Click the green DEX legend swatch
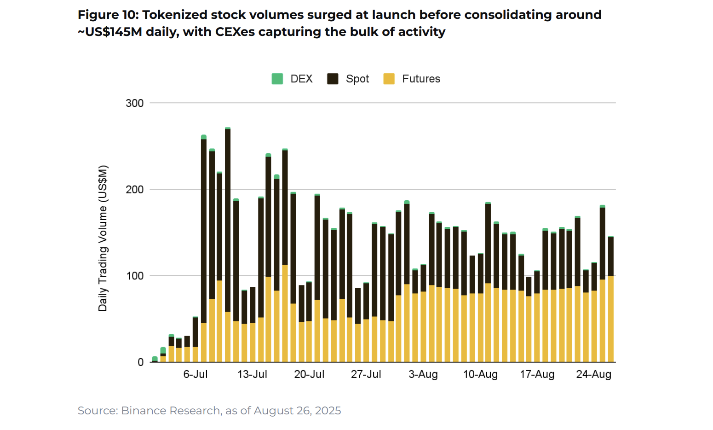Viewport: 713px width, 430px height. tap(277, 79)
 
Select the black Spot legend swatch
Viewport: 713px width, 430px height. tap(333, 79)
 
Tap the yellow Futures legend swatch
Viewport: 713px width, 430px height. tap(389, 79)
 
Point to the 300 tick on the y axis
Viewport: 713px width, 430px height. tap(135, 103)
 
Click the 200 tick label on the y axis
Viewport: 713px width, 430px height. tap(135, 190)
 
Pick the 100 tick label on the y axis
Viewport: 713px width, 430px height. tap(135, 276)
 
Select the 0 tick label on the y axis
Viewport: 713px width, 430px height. tap(141, 362)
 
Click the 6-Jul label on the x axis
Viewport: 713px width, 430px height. tap(195, 374)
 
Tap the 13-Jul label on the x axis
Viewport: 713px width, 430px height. tap(252, 374)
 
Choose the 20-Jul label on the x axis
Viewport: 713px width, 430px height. tap(309, 374)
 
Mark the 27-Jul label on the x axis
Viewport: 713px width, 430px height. tap(366, 374)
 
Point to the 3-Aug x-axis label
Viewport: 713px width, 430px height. tap(423, 374)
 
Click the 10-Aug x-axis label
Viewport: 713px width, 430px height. tap(480, 374)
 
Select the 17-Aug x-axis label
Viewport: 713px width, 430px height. tap(537, 374)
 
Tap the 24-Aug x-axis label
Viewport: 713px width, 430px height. tap(594, 374)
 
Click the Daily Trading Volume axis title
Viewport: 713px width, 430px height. tap(103, 238)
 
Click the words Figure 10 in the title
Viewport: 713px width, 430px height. tap(107, 15)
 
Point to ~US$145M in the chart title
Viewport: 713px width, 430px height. tap(110, 32)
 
